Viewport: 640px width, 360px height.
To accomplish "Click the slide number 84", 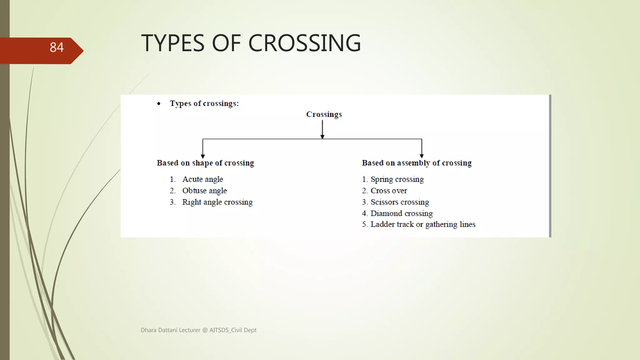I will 57,47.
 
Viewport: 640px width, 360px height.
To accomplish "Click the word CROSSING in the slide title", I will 304,43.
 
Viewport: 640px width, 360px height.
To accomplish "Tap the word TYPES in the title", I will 173,43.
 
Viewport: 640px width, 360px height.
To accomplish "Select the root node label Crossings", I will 324,114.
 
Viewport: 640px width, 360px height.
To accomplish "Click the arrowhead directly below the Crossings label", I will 322,137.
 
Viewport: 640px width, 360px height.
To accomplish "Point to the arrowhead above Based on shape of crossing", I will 203,156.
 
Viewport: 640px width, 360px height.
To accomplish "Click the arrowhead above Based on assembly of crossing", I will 422,156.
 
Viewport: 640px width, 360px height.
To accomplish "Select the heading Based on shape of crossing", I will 205,163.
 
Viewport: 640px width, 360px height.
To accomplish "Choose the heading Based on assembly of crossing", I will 417,163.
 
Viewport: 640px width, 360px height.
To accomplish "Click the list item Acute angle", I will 202,179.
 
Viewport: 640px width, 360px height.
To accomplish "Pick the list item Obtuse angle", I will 204,191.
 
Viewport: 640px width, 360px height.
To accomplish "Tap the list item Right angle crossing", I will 217,202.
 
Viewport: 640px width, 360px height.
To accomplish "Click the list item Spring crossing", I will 397,179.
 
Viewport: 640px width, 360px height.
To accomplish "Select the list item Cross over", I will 388,191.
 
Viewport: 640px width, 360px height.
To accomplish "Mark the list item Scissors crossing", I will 400,202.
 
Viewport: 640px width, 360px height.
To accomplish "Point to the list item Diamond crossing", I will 402,213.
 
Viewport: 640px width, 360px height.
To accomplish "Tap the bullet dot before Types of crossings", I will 159,104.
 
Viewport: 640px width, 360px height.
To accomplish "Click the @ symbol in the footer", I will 205,330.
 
